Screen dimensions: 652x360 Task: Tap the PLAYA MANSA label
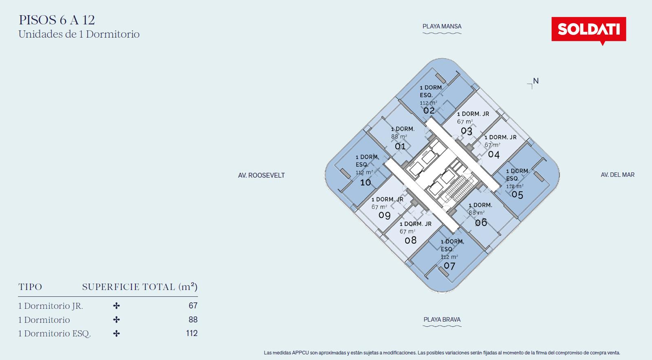tap(442, 26)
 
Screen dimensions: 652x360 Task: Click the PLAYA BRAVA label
tap(442, 320)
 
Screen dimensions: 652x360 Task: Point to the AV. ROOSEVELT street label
tap(261, 176)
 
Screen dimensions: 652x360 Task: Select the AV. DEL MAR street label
tap(618, 175)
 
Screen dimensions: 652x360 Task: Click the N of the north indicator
tap(536, 81)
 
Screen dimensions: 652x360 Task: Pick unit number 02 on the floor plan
tap(429, 110)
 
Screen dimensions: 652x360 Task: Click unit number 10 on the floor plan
tap(366, 182)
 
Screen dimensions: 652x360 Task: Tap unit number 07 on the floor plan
tap(449, 266)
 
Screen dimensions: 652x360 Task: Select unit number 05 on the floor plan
tap(517, 195)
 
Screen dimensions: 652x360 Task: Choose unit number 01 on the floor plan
tap(400, 146)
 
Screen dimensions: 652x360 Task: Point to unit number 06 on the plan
tap(481, 222)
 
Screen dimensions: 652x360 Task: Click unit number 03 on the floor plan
tap(466, 131)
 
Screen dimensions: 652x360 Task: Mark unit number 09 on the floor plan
tap(384, 215)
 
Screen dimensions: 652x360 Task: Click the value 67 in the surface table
tap(193, 305)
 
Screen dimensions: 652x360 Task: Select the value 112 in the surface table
tap(192, 333)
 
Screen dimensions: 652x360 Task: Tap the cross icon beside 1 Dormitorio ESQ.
tap(117, 333)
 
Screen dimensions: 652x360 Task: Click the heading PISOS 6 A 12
tap(57, 20)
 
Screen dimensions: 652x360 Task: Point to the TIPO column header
tap(30, 287)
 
